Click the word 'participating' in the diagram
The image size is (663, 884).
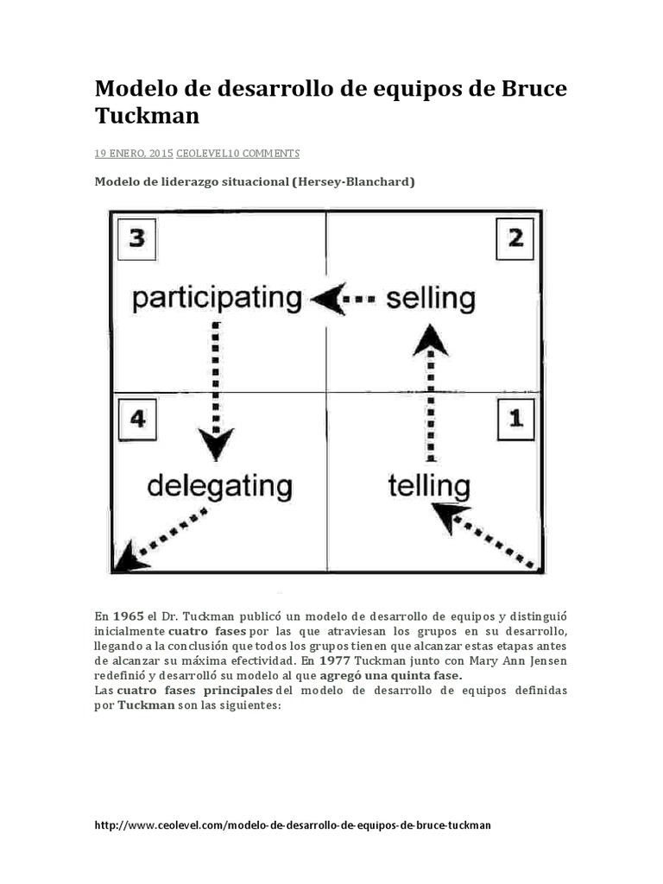click(216, 299)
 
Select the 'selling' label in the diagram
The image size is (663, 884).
click(430, 299)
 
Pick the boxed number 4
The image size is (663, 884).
click(136, 420)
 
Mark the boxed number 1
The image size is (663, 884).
click(515, 420)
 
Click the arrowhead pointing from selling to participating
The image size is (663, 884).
click(327, 299)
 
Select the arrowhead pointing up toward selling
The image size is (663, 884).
click(430, 340)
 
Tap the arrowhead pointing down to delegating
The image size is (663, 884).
click(216, 445)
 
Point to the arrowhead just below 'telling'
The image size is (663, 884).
click(450, 515)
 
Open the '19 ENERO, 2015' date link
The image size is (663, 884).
click(134, 154)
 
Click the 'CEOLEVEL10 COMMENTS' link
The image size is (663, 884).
click(237, 154)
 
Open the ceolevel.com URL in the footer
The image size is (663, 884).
click(292, 825)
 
